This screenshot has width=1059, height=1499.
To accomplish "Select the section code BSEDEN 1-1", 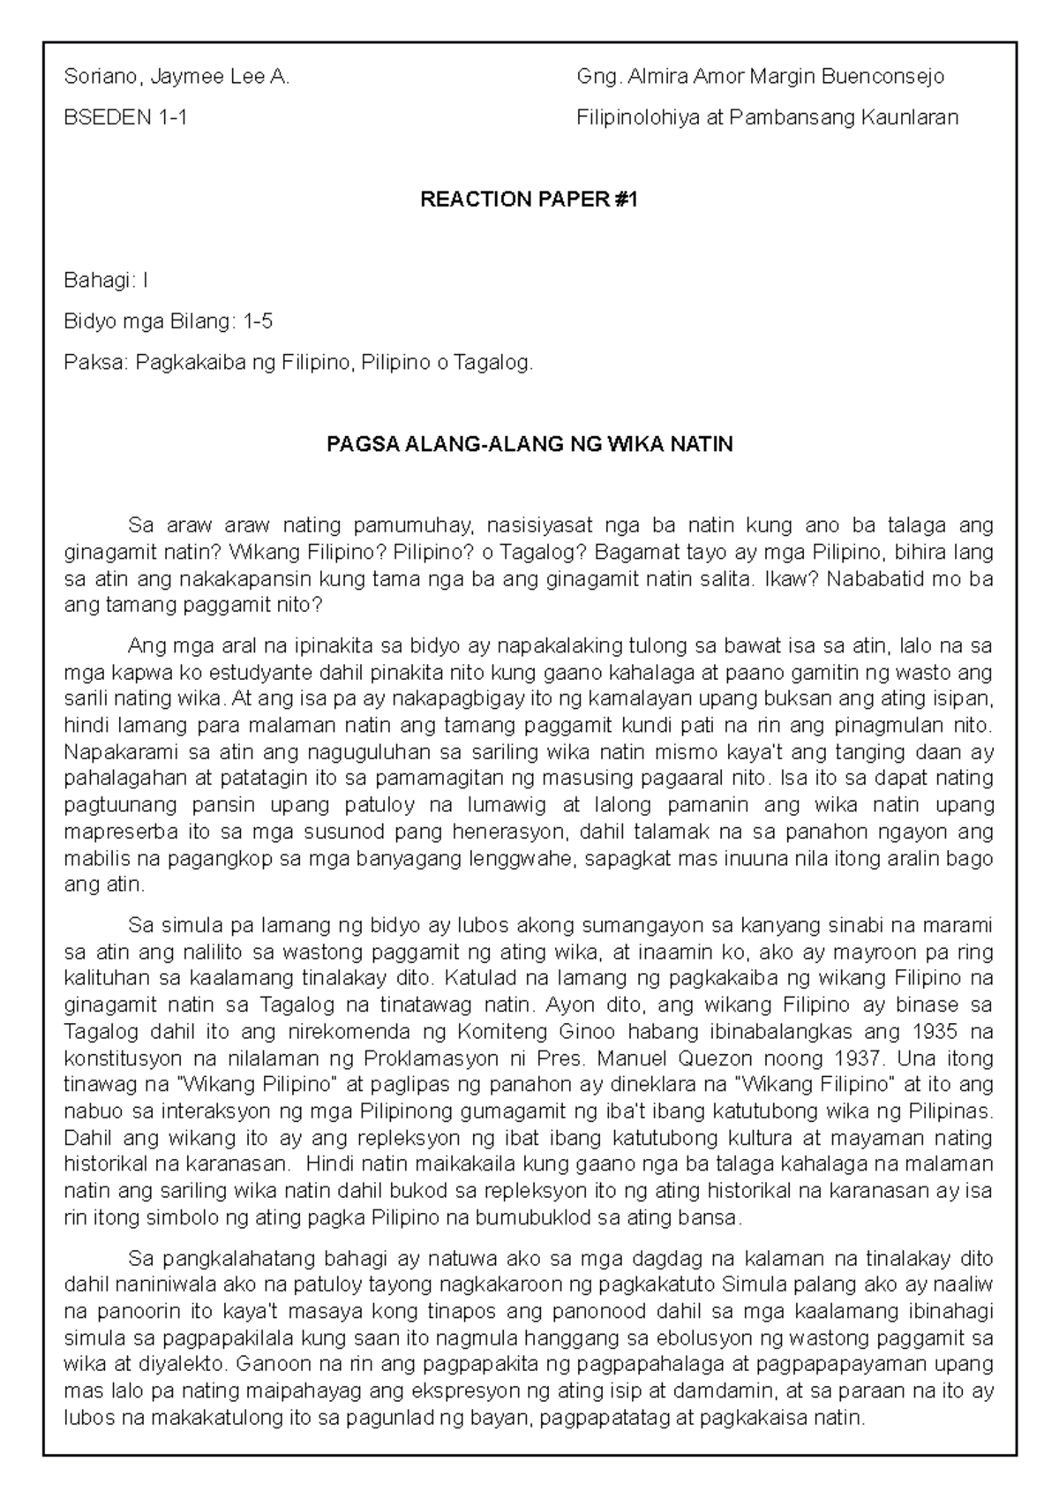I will pyautogui.click(x=125, y=117).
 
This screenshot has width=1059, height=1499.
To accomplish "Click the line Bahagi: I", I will pyautogui.click(x=107, y=281).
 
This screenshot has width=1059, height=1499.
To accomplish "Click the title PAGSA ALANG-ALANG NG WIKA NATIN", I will pyautogui.click(x=529, y=444).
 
